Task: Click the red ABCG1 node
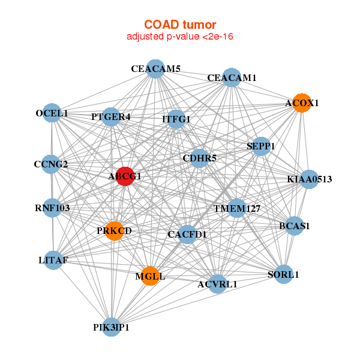[x=124, y=176]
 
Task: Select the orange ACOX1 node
[x=302, y=103]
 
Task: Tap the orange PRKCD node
[x=114, y=230]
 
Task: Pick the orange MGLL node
[x=150, y=276]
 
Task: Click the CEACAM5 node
[x=155, y=69]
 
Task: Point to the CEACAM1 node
[x=232, y=78]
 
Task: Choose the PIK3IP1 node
[x=111, y=327]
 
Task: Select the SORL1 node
[x=283, y=275]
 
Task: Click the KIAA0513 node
[x=309, y=179]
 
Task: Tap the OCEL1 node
[x=52, y=113]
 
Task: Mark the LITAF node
[x=53, y=260]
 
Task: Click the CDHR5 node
[x=199, y=158]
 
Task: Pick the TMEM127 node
[x=237, y=209]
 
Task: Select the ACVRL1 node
[x=217, y=284]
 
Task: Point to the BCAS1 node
[x=294, y=226]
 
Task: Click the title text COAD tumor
[x=180, y=24]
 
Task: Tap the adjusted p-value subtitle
[x=180, y=37]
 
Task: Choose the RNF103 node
[x=52, y=209]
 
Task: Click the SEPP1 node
[x=260, y=146]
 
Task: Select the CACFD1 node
[x=187, y=234]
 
